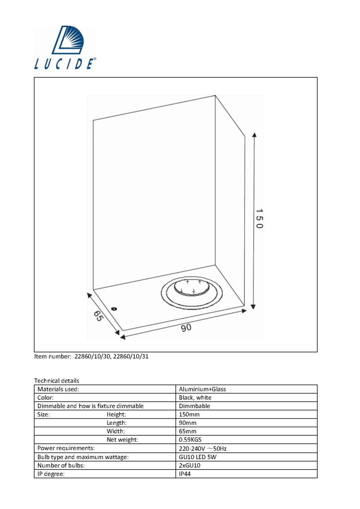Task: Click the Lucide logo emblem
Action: coord(68,40)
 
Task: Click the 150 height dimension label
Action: coord(259,218)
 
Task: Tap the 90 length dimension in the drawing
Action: coord(186,328)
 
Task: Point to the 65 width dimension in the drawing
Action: coord(98,316)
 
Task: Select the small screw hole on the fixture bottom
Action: coord(113,308)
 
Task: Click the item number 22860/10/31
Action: coord(131,356)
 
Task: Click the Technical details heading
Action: coord(57,380)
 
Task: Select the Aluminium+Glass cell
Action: coord(202,389)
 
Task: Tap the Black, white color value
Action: coord(195,397)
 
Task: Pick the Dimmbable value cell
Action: coord(194,406)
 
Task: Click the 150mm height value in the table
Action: coord(189,414)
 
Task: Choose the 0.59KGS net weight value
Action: coord(190,440)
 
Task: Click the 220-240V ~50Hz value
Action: coord(202,448)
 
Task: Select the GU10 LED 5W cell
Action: coord(198,457)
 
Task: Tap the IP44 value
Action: coord(184,473)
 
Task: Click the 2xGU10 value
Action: coord(189,465)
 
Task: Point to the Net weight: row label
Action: coord(122,440)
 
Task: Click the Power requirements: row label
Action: coord(66,448)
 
